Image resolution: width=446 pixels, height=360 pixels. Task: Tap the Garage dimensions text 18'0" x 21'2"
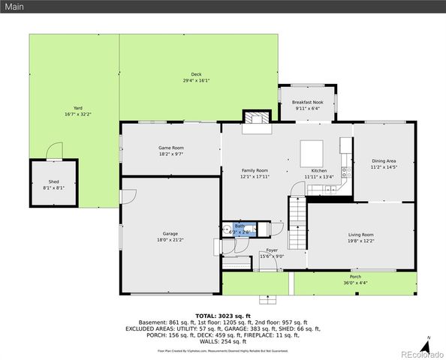tap(170, 239)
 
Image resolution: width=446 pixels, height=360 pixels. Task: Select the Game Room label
tap(170, 148)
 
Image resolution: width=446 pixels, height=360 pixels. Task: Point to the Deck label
tap(196, 74)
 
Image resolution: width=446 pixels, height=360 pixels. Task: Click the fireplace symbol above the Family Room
tap(255, 118)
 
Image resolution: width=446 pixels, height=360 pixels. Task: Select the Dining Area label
tap(384, 161)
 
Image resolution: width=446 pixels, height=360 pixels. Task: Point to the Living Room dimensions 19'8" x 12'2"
tap(361, 240)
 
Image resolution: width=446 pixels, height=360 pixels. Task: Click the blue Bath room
tap(240, 227)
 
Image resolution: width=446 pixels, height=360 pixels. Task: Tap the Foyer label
tap(271, 250)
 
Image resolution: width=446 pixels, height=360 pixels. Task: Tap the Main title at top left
tap(14, 7)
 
